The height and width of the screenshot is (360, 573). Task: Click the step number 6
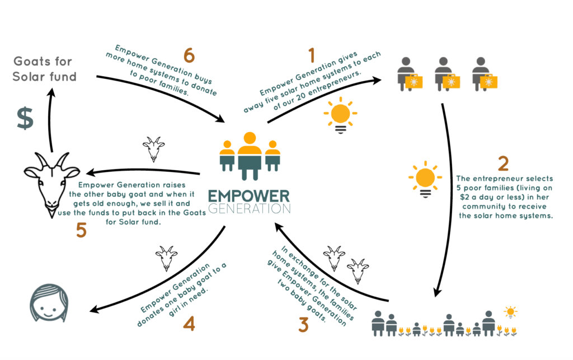[x=189, y=55]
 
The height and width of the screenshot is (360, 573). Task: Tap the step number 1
[x=312, y=55]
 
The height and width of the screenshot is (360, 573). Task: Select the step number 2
[x=503, y=163]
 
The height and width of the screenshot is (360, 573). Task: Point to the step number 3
[x=303, y=325]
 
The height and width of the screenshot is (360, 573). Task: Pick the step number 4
[x=189, y=324]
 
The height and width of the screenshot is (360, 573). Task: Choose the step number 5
[x=81, y=230]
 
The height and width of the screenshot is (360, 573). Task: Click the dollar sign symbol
[x=25, y=118]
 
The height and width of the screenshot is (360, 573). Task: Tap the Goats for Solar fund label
[x=44, y=69]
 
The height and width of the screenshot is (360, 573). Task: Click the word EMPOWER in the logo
[x=249, y=196]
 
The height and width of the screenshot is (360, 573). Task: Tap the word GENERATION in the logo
[x=249, y=209]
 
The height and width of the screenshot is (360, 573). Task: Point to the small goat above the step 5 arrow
[x=153, y=149]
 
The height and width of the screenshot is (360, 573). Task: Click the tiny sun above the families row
[x=510, y=312]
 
